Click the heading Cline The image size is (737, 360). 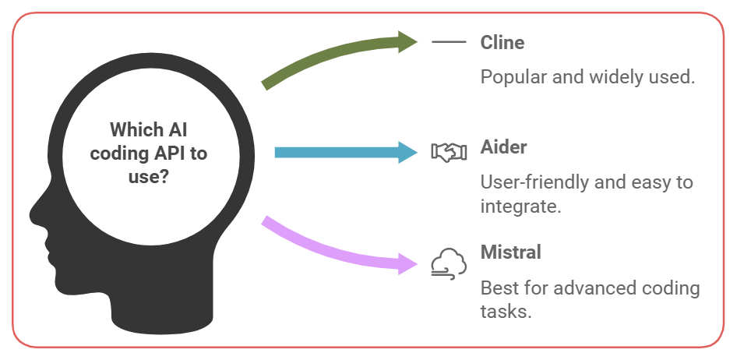[503, 42]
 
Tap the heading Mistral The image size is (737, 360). [510, 252]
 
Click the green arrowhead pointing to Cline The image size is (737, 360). [407, 41]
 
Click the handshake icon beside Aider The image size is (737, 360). [449, 152]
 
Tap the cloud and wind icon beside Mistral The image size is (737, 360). [449, 263]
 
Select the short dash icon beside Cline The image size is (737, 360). [449, 42]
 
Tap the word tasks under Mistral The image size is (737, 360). [504, 312]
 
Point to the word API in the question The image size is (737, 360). [170, 153]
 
